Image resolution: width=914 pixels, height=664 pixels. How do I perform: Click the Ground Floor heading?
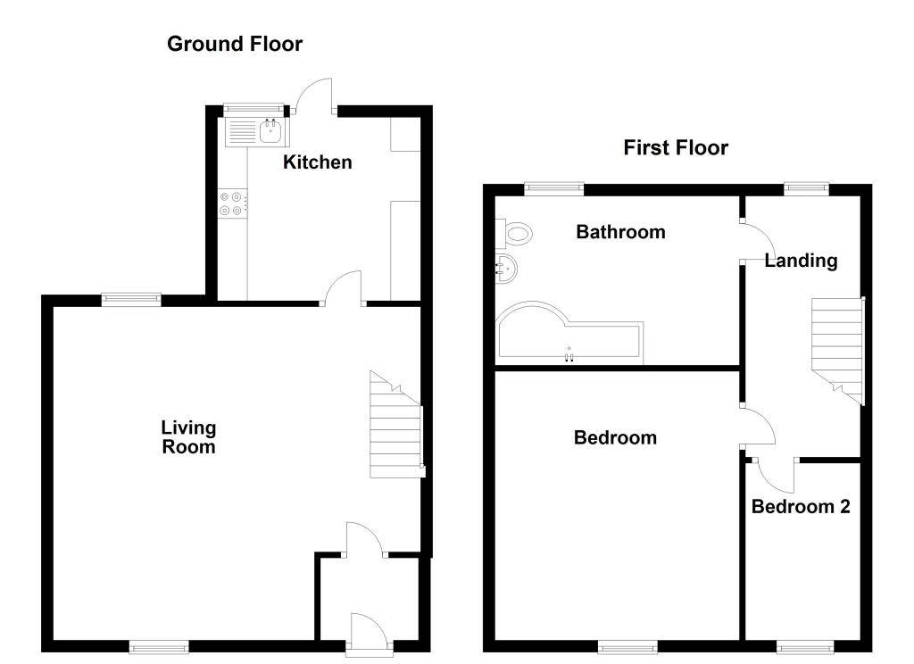235,44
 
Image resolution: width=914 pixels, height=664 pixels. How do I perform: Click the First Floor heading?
676,147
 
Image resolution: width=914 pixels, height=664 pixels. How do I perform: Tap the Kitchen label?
317,162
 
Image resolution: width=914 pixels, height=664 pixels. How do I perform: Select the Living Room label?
188,437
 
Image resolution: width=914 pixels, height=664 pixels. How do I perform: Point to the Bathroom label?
620,231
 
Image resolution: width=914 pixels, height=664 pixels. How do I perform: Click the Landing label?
801,261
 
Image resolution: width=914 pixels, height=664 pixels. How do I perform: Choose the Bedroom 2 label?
801,507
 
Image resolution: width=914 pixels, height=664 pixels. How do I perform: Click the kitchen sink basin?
271,132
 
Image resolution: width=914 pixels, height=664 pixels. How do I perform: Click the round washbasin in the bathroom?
506,269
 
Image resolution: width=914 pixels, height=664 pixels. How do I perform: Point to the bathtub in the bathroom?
569,334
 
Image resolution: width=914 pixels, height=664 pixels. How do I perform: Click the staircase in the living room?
396,425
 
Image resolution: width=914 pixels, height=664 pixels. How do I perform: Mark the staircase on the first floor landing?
837,351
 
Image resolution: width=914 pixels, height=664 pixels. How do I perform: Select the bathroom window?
553,187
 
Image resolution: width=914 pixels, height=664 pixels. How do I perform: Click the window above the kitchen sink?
254,108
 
